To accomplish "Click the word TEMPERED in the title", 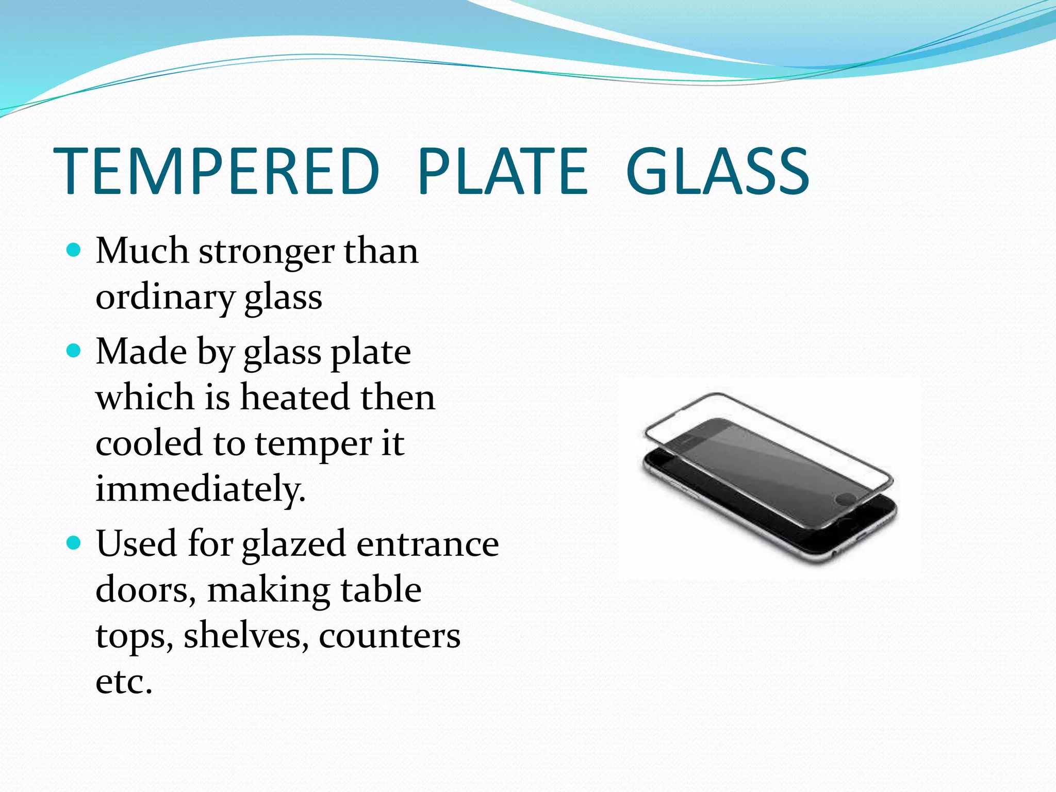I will (217, 171).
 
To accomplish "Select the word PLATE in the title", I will (503, 171).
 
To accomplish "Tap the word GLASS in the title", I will (717, 171).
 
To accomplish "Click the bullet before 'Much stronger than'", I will (74, 251).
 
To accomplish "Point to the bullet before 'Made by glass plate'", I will (74, 351).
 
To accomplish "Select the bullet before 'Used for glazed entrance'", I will (74, 543).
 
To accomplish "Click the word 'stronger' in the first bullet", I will (266, 253).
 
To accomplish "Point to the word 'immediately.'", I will (201, 489).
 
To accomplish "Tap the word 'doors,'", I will (146, 590).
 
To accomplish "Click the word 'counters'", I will (389, 636).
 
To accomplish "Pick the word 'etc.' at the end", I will (124, 682).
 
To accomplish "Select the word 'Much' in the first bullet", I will (142, 252).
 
